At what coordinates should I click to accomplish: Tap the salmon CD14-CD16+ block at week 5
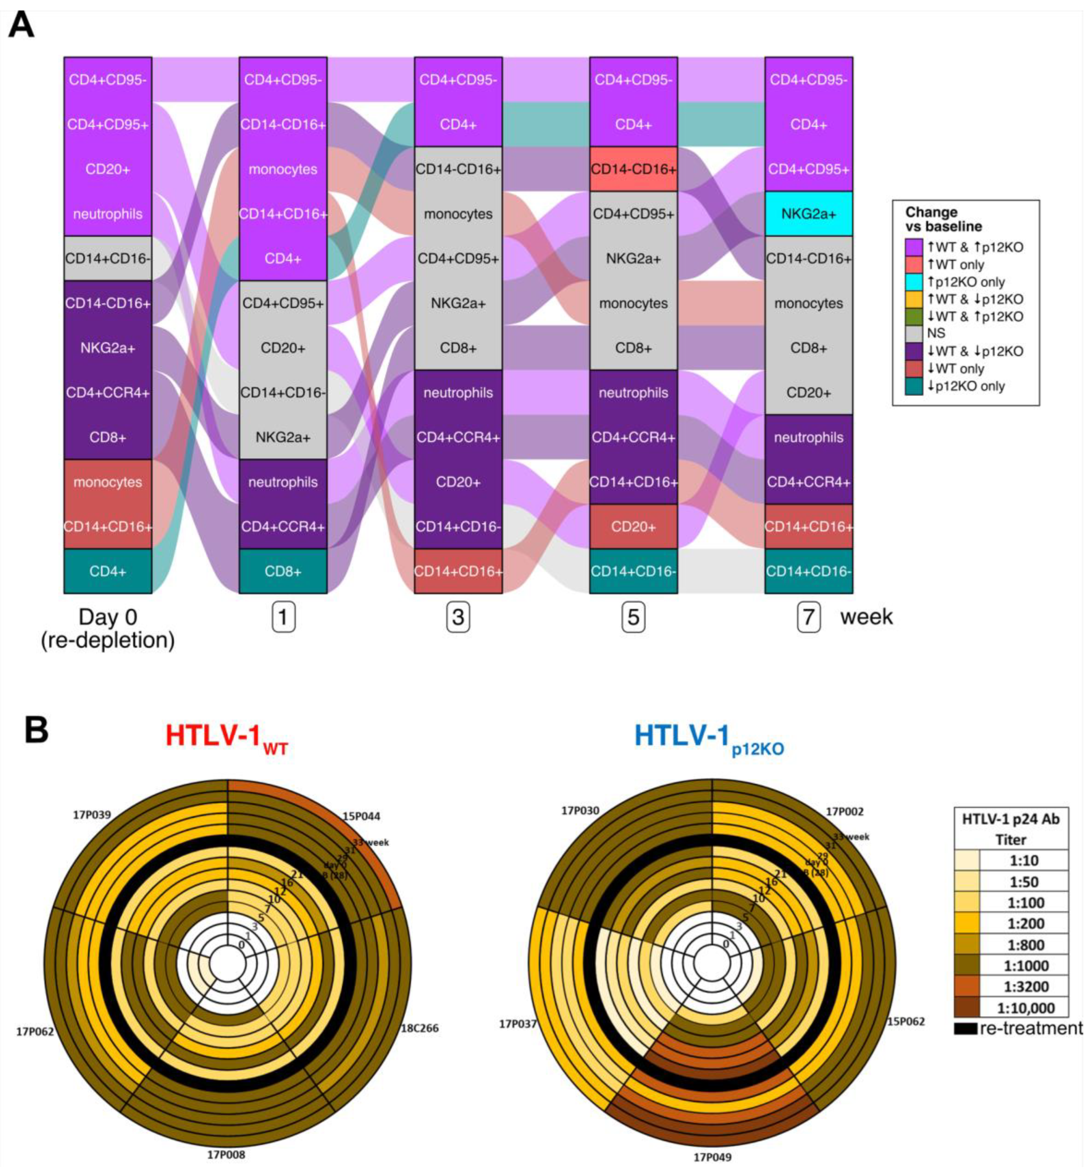pos(633,169)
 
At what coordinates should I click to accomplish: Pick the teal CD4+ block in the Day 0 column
pos(108,571)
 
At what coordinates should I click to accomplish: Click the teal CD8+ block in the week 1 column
pos(283,571)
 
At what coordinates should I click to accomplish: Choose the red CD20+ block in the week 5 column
pos(633,526)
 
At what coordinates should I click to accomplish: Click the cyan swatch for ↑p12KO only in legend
pos(914,282)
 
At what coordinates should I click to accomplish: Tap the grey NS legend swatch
pos(914,334)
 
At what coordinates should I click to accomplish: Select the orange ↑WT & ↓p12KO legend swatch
pos(914,299)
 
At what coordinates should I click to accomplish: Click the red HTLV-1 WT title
pos(227,737)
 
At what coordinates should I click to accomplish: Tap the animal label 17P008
pos(226,1154)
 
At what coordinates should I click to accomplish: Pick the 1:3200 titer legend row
pos(1011,986)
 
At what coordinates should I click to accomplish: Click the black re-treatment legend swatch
pos(966,1029)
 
